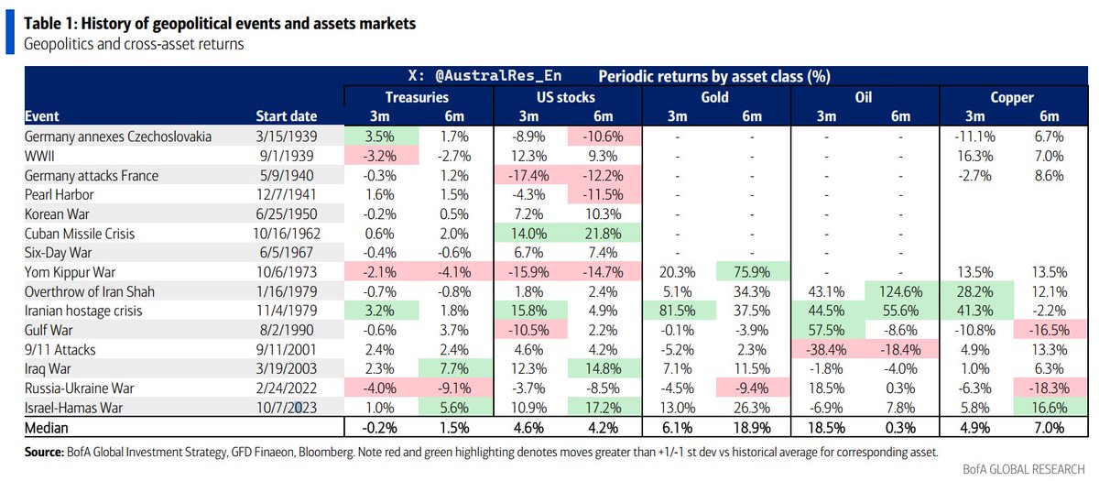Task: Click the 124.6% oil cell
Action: click(901, 291)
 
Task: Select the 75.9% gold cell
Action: click(752, 272)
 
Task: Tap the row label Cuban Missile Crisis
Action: click(80, 234)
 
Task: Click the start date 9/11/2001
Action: click(286, 349)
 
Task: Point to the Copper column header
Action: click(1012, 97)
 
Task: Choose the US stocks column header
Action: click(566, 97)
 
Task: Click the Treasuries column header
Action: click(417, 97)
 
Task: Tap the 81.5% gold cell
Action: click(677, 311)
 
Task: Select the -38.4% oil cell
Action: click(826, 349)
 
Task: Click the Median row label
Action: click(47, 428)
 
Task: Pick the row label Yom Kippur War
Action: click(70, 272)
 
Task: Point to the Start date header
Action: click(286, 116)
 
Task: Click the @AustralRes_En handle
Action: click(498, 75)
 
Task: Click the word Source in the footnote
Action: click(43, 452)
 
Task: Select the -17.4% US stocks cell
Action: click(528, 175)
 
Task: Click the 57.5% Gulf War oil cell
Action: click(826, 330)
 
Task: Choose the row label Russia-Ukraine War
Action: click(79, 388)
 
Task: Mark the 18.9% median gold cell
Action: click(752, 428)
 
